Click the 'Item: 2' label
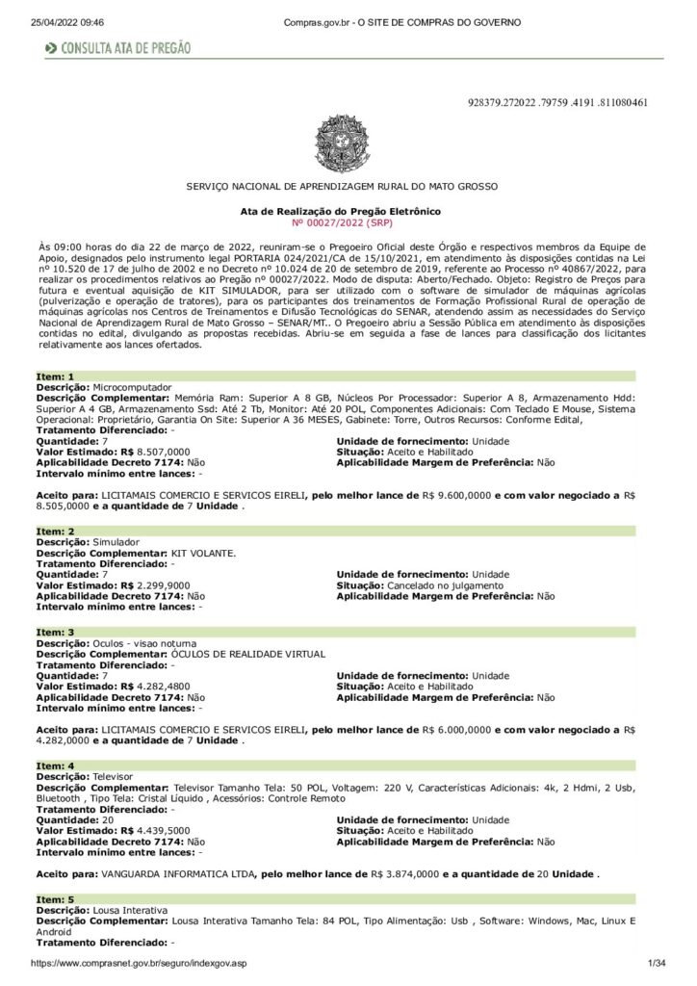click(55, 532)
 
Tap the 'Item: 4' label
click(55, 765)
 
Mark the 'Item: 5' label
click(55, 897)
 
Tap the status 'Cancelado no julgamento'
click(445, 584)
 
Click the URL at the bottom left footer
click(140, 963)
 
